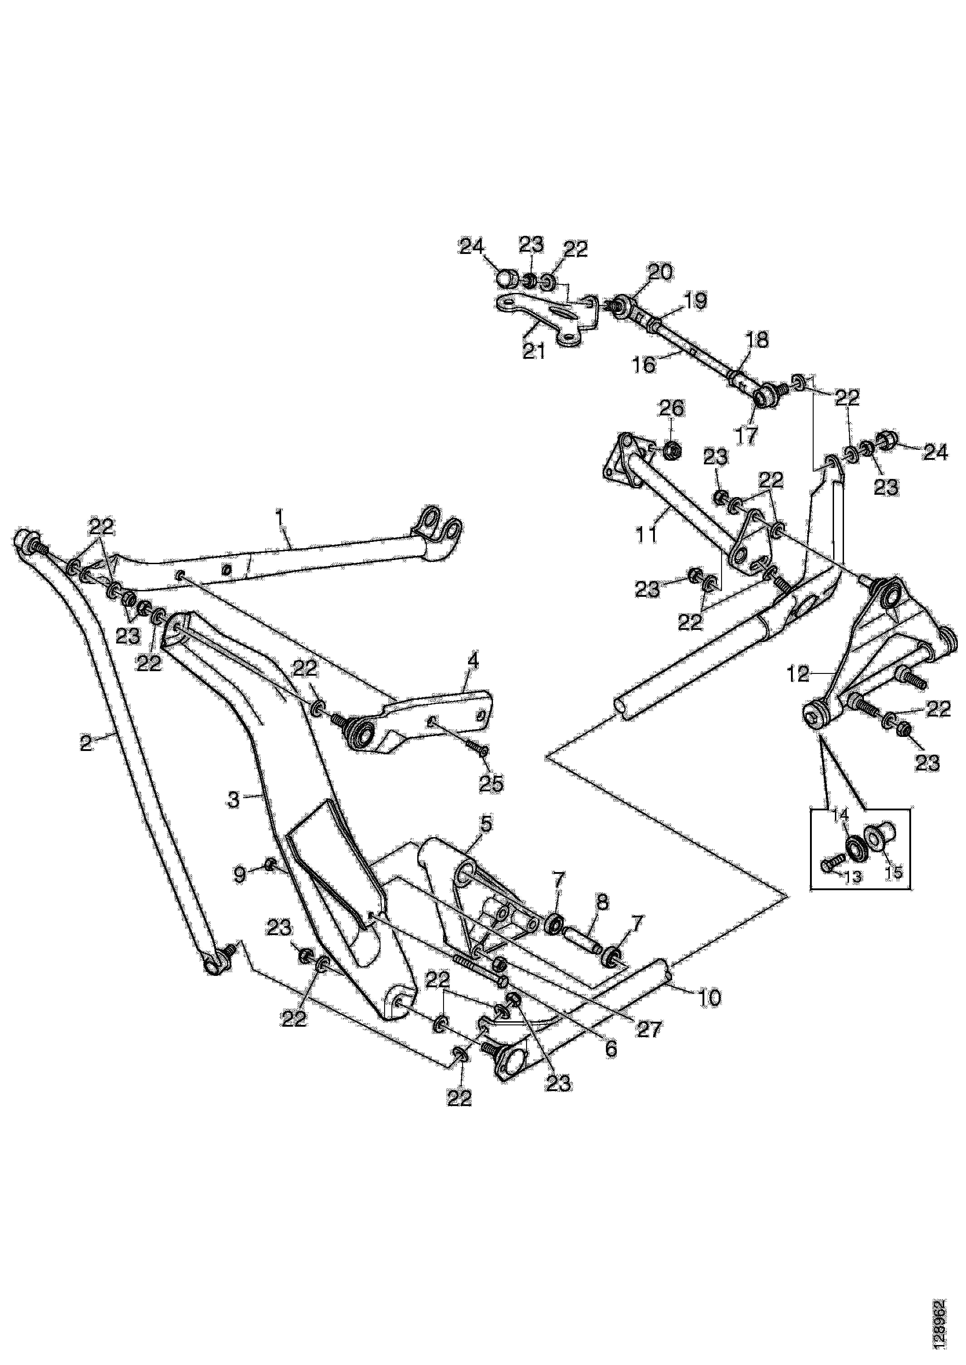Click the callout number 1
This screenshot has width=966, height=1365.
click(279, 522)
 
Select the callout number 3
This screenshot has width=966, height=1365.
click(233, 800)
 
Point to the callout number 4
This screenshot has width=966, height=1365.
click(473, 661)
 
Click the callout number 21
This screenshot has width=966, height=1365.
click(534, 351)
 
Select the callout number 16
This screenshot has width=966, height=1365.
click(644, 364)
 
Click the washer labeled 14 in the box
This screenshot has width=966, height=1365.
click(857, 847)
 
